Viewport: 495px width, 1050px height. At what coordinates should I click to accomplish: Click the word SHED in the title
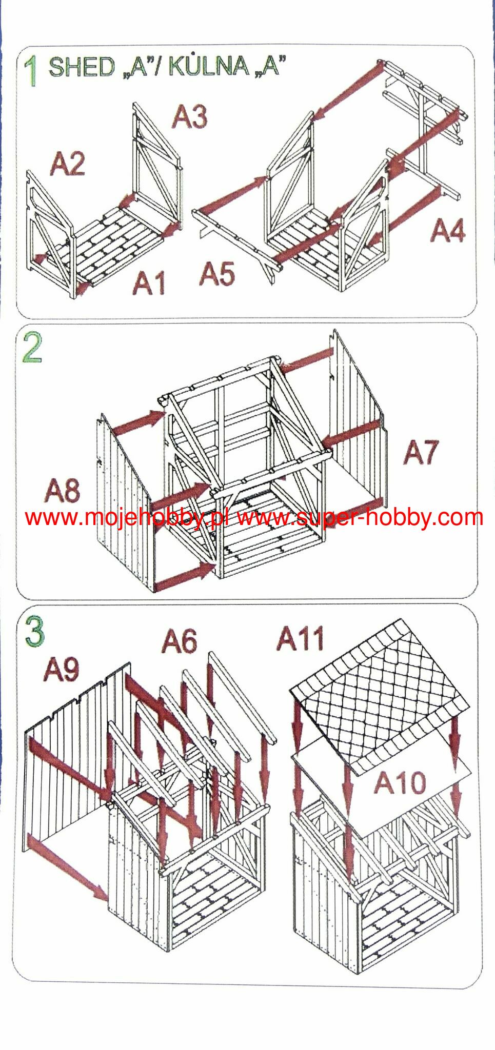click(x=82, y=68)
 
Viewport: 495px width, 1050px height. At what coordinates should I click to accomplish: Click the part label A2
click(x=68, y=164)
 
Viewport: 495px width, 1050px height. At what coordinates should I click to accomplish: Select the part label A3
click(x=189, y=116)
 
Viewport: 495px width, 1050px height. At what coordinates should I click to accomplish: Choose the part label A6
click(x=180, y=641)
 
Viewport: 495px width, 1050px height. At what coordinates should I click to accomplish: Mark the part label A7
click(x=421, y=453)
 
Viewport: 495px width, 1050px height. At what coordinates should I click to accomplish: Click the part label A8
click(x=63, y=490)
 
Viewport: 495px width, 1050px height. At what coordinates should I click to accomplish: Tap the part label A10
click(x=400, y=783)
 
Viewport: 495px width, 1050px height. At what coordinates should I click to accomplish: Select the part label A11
click(x=301, y=639)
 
